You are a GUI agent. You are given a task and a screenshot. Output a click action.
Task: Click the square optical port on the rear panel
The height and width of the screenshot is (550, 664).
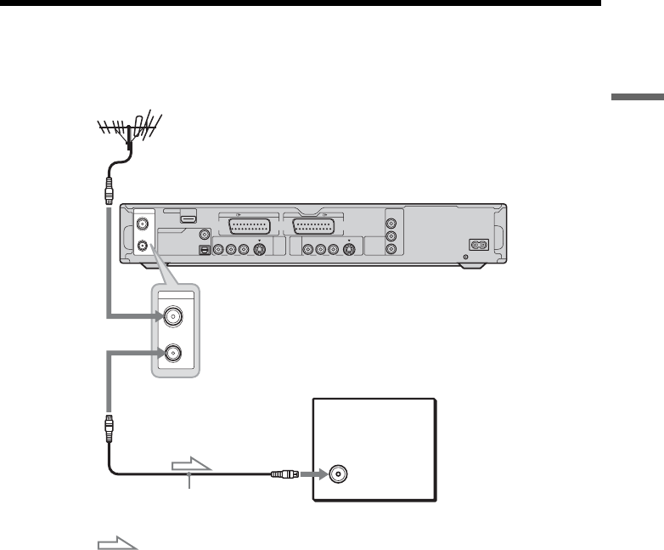(x=204, y=251)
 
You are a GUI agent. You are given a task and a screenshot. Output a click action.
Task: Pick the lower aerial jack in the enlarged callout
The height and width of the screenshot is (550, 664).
(x=175, y=351)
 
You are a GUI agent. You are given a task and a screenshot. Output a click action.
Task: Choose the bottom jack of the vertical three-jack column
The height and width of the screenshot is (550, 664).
(x=391, y=250)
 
